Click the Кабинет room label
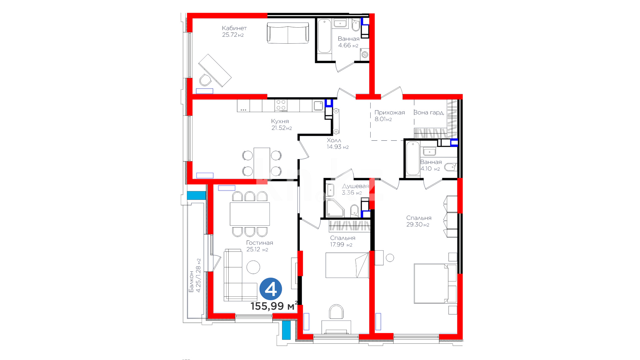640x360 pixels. [234, 28]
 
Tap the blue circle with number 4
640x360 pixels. [271, 289]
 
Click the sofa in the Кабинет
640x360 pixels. [288, 33]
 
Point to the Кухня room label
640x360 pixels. [280, 121]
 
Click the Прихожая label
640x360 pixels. [390, 113]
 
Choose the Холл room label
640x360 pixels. [334, 140]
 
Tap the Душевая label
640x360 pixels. [356, 186]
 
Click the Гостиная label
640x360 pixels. [260, 243]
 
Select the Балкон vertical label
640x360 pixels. [191, 282]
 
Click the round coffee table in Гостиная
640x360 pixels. [253, 267]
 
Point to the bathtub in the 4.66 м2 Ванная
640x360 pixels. [324, 36]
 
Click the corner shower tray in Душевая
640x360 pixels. [335, 208]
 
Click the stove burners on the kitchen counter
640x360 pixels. [281, 105]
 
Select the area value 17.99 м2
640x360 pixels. [341, 245]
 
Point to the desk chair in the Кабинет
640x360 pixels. [205, 80]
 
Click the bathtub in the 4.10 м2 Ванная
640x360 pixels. [413, 158]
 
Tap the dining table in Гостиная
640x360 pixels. [250, 214]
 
